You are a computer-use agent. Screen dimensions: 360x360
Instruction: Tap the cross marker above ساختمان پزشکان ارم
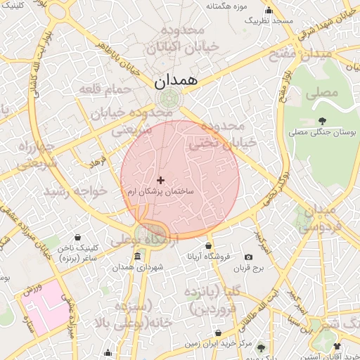click(x=161, y=181)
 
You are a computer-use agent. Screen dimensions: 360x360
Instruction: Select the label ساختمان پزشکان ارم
click(x=161, y=191)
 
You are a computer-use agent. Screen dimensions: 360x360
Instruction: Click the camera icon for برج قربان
click(x=248, y=257)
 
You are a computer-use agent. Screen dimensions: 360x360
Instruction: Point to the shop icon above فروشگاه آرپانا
click(x=208, y=245)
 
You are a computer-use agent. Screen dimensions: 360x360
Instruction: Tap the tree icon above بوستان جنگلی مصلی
click(x=323, y=121)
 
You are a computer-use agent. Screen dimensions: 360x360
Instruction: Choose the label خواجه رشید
click(x=75, y=191)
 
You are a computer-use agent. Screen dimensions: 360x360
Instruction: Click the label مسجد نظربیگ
click(x=268, y=21)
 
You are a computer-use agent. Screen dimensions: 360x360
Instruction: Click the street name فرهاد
click(x=95, y=162)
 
